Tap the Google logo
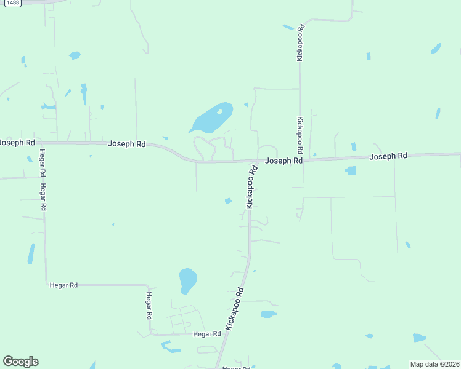click(x=20, y=362)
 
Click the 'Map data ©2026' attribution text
click(x=434, y=364)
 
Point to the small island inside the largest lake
click(x=219, y=112)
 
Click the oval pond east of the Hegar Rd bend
click(x=187, y=280)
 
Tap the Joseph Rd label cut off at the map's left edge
click(x=17, y=142)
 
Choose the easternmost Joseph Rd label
click(x=388, y=157)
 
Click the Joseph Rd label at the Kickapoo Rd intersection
click(x=284, y=161)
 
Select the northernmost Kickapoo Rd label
click(x=300, y=42)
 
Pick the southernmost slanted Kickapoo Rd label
click(x=235, y=309)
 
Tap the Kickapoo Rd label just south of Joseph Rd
click(x=251, y=187)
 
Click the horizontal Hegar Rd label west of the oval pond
click(x=63, y=285)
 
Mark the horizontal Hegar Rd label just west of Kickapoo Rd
click(x=206, y=334)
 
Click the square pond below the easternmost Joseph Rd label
click(x=351, y=170)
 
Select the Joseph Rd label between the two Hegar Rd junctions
click(x=126, y=144)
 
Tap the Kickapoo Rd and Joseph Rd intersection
click(x=258, y=162)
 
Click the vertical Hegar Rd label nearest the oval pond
click(x=149, y=306)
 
